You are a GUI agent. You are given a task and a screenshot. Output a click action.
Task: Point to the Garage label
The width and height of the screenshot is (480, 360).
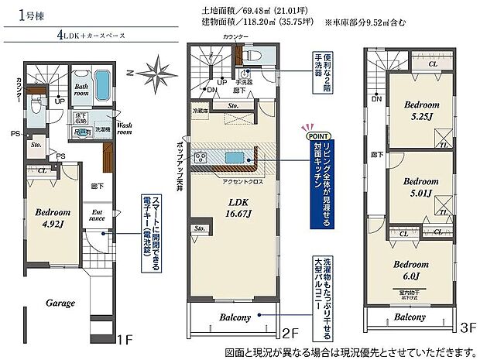pyautogui.click(x=59, y=303)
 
